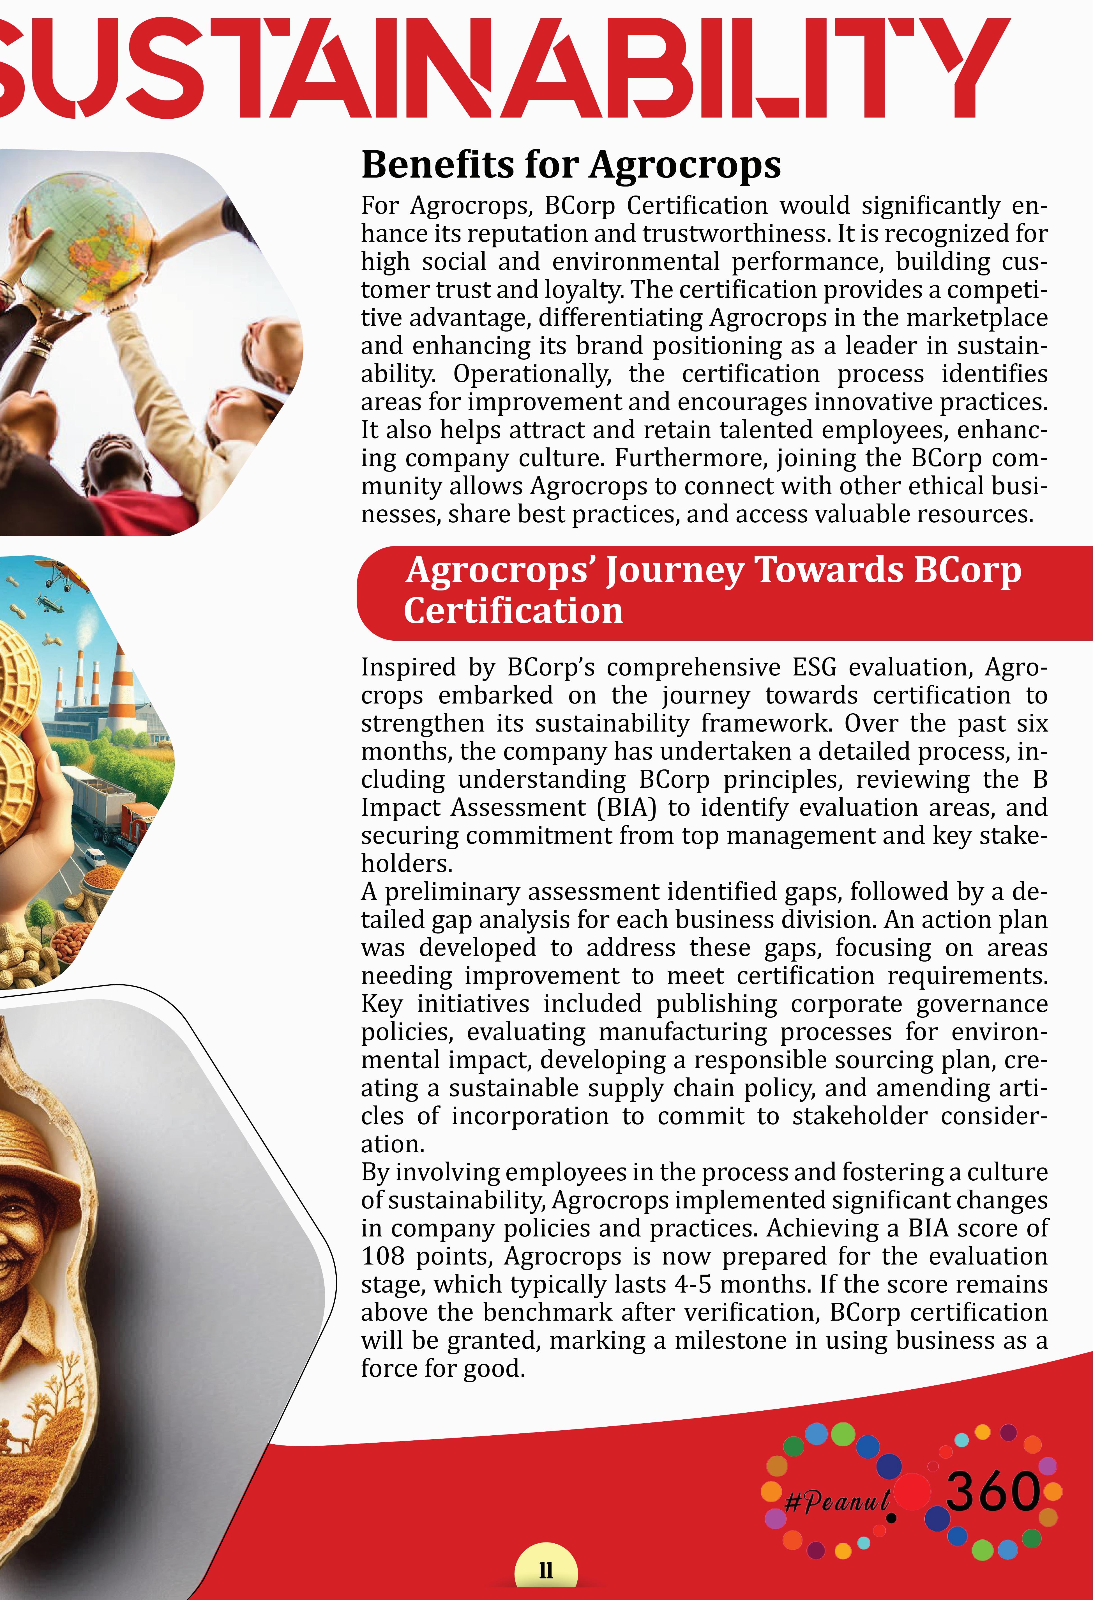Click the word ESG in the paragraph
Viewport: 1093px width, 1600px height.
[814, 667]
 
